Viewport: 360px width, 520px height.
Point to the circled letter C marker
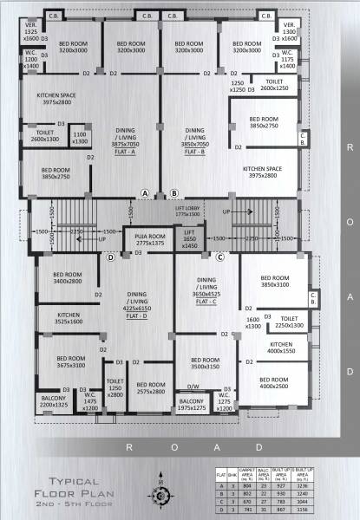pyautogui.click(x=220, y=257)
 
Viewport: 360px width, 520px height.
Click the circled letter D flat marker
pyautogui.click(x=111, y=257)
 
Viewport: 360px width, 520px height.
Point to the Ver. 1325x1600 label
pyautogui.click(x=30, y=32)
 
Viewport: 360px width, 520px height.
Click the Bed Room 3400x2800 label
pyautogui.click(x=67, y=277)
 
